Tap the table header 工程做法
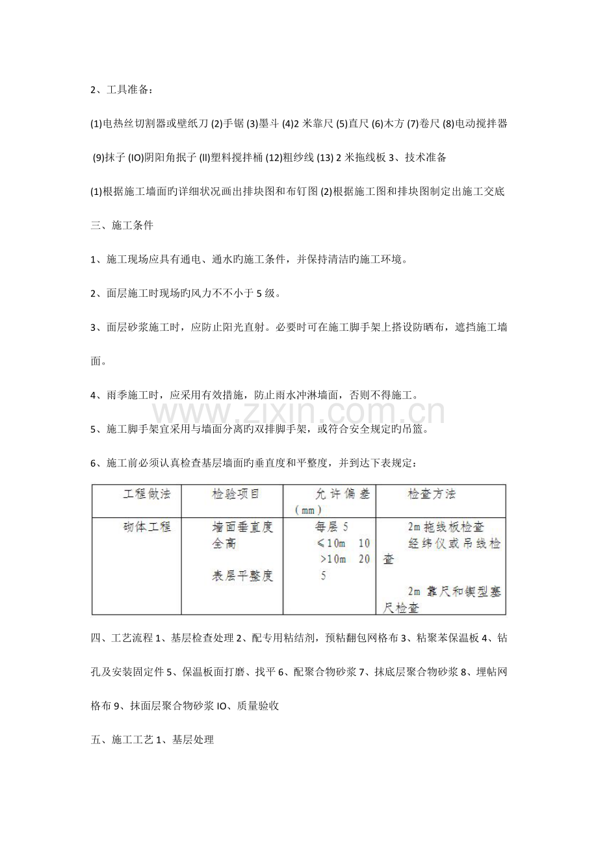(x=147, y=494)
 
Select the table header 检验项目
(x=235, y=494)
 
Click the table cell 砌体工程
(x=147, y=527)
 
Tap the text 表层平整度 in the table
(x=240, y=575)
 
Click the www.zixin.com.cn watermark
(x=299, y=412)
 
